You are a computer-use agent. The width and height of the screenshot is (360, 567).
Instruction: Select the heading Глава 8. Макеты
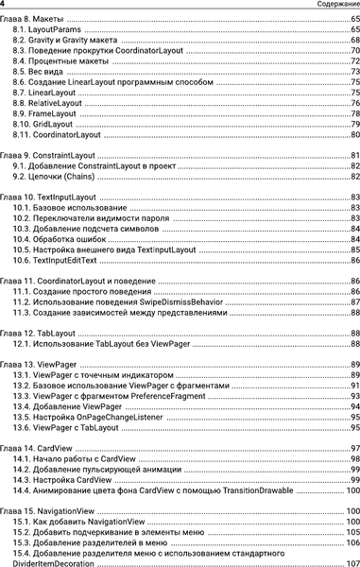(34, 20)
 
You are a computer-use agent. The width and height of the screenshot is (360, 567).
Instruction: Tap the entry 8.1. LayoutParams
(48, 31)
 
